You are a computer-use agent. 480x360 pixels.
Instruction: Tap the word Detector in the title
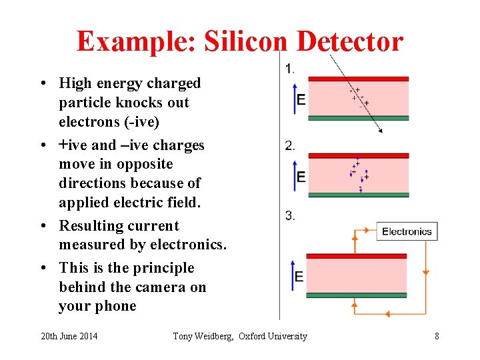pyautogui.click(x=350, y=41)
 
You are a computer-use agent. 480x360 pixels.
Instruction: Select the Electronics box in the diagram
pyautogui.click(x=406, y=232)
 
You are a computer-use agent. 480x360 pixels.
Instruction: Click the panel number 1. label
pyautogui.click(x=289, y=68)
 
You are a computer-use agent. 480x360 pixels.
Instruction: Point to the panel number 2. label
pyautogui.click(x=289, y=146)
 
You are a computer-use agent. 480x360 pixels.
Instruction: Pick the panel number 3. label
pyautogui.click(x=289, y=215)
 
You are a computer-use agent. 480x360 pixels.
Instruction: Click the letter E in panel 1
pyautogui.click(x=301, y=99)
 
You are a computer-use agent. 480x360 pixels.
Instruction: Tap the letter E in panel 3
pyautogui.click(x=299, y=277)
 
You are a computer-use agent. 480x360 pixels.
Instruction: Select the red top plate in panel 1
pyautogui.click(x=358, y=79)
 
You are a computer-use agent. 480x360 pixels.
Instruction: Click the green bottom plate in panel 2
pyautogui.click(x=358, y=195)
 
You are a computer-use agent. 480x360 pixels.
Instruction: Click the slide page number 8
pyautogui.click(x=437, y=336)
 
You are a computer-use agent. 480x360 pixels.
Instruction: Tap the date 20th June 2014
pyautogui.click(x=69, y=336)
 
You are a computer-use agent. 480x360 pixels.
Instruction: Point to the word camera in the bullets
pyautogui.click(x=157, y=287)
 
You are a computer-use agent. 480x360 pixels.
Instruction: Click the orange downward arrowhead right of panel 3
pyautogui.click(x=425, y=272)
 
